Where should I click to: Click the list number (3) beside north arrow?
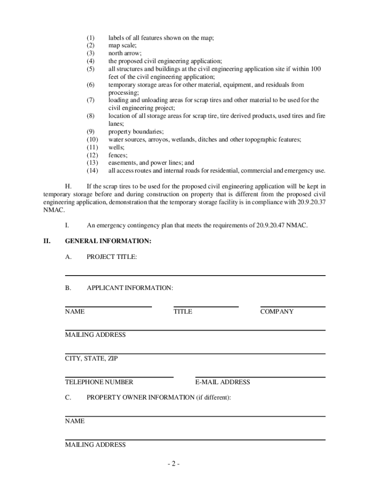tap(91, 54)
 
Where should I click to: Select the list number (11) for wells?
tap(92, 147)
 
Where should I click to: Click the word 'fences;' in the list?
tap(118, 155)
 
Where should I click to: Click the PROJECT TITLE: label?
tap(112, 257)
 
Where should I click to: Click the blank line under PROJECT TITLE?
tap(195, 275)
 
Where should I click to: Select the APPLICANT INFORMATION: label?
tap(130, 288)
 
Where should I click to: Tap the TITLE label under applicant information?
tap(183, 312)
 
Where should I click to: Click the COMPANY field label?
tap(277, 312)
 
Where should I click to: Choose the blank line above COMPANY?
tap(292, 306)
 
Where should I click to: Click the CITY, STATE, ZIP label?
tap(91, 358)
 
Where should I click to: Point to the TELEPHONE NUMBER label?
tap(99, 382)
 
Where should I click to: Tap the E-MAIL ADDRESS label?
tap(222, 382)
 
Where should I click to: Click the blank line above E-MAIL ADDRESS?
tap(260, 377)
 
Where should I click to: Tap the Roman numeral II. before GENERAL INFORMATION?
tap(47, 241)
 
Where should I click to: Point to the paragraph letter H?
tap(68, 186)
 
